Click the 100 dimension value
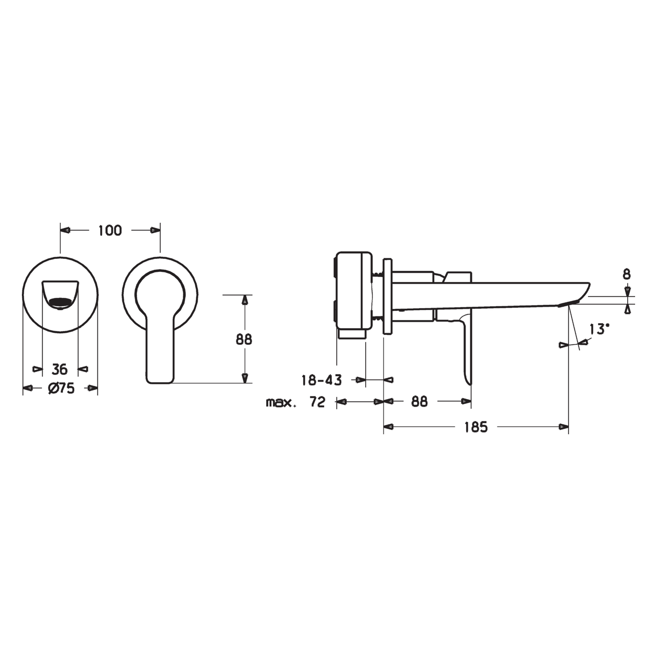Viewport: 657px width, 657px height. coord(110,231)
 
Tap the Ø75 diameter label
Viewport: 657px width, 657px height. coord(61,388)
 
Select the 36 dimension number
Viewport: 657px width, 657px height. coord(60,369)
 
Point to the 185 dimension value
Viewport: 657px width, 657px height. coord(476,427)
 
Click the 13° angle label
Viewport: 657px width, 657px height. coord(599,330)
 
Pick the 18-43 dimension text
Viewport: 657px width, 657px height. coord(321,380)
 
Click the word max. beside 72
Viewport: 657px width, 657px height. coord(281,403)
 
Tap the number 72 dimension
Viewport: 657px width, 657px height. coord(317,402)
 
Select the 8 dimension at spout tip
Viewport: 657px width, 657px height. coord(627,274)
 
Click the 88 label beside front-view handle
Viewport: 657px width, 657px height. coord(244,339)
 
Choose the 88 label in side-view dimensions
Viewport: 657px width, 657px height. coord(419,402)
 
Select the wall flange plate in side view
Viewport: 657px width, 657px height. coord(387,296)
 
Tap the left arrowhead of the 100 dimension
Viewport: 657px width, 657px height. coord(65,230)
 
